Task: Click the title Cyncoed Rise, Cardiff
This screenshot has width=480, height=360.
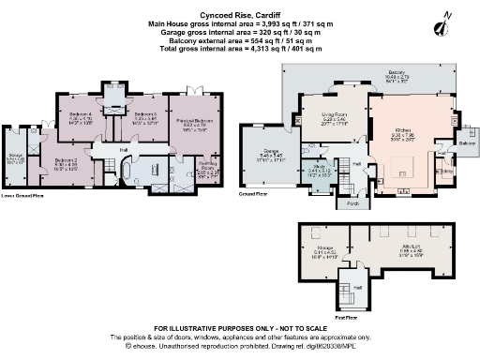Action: point(239,5)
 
